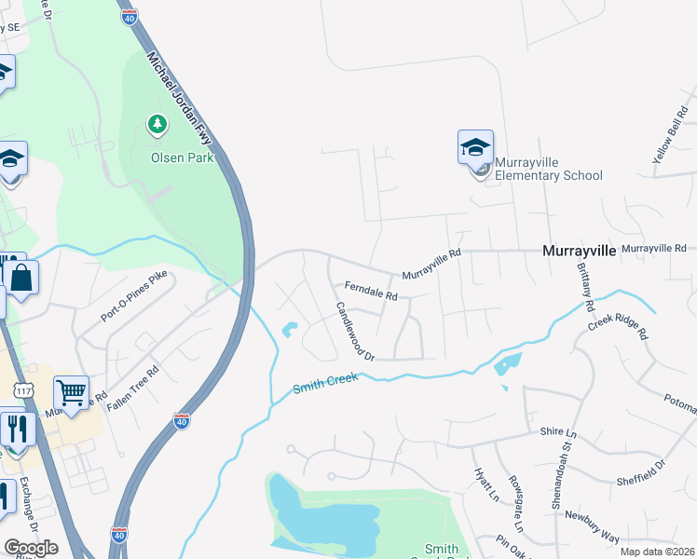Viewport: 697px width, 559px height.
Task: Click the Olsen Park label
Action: tap(183, 157)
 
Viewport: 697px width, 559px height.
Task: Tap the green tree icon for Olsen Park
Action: tap(157, 123)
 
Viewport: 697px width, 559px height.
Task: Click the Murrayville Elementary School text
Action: tap(549, 169)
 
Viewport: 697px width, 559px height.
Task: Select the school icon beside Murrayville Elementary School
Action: tap(475, 148)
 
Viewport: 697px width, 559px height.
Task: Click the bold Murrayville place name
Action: tap(579, 251)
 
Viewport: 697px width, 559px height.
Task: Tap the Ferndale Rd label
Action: tap(371, 291)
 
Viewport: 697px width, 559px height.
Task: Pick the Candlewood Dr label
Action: tap(355, 331)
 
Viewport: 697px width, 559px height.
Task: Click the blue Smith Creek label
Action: tap(326, 384)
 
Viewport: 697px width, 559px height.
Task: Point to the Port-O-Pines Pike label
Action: tap(135, 297)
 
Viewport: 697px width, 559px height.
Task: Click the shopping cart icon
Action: tap(70, 393)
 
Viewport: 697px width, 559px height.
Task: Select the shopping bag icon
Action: tap(20, 278)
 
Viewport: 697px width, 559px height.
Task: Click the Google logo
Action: tap(32, 548)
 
